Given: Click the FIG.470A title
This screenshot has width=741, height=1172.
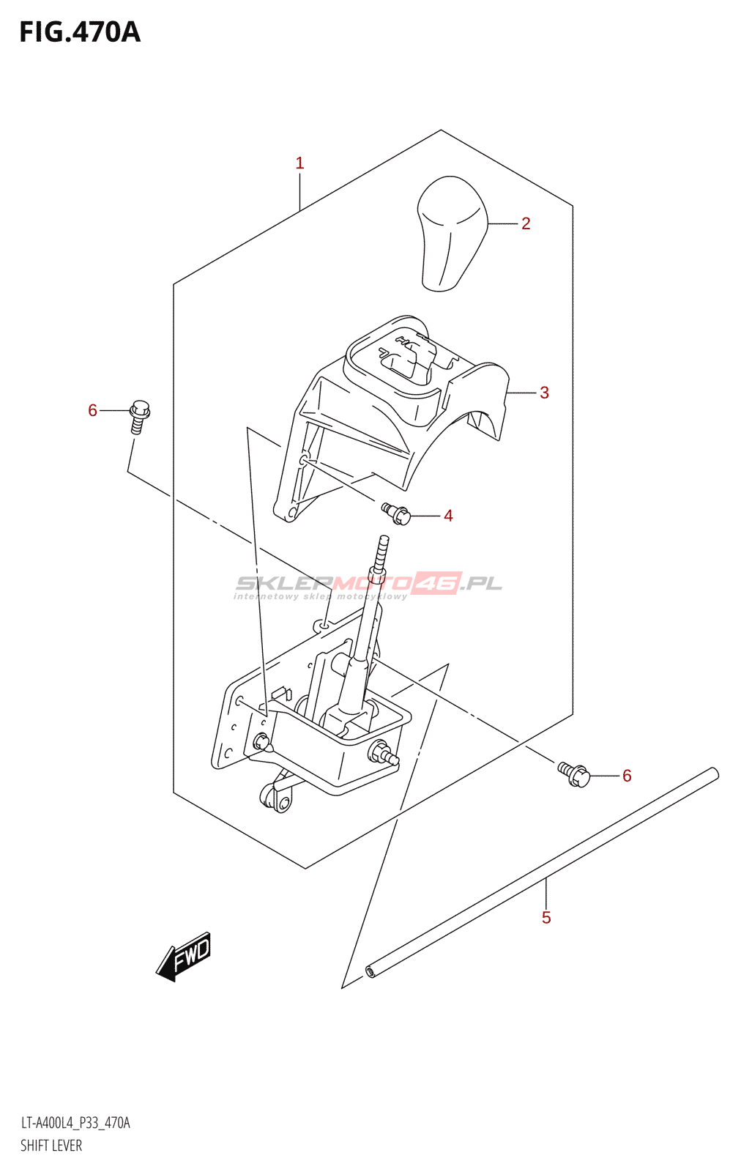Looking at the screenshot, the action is [x=80, y=33].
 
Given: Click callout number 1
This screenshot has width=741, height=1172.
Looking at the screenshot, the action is [x=299, y=163].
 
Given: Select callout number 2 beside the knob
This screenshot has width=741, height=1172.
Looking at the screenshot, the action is [x=526, y=223].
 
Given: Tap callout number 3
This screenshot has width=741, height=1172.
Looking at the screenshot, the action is [x=544, y=393].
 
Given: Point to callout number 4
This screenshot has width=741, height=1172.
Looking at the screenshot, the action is [x=448, y=516].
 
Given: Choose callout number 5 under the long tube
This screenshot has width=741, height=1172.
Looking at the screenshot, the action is [x=546, y=918].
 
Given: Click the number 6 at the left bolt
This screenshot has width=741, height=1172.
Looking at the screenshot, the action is [x=92, y=410].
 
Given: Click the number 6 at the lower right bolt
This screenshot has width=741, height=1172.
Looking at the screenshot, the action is [x=627, y=776].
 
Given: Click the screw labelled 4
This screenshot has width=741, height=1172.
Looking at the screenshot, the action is [x=396, y=513].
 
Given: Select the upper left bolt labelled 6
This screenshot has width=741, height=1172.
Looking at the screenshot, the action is [x=139, y=415].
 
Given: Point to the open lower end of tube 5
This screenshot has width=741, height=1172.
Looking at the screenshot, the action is [x=371, y=972].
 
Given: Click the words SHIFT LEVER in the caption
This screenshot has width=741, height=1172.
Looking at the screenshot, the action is [x=51, y=1146].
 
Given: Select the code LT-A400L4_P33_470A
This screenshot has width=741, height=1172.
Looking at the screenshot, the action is [x=75, y=1123].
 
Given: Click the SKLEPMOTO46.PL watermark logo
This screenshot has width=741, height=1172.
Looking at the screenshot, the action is [x=368, y=585].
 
